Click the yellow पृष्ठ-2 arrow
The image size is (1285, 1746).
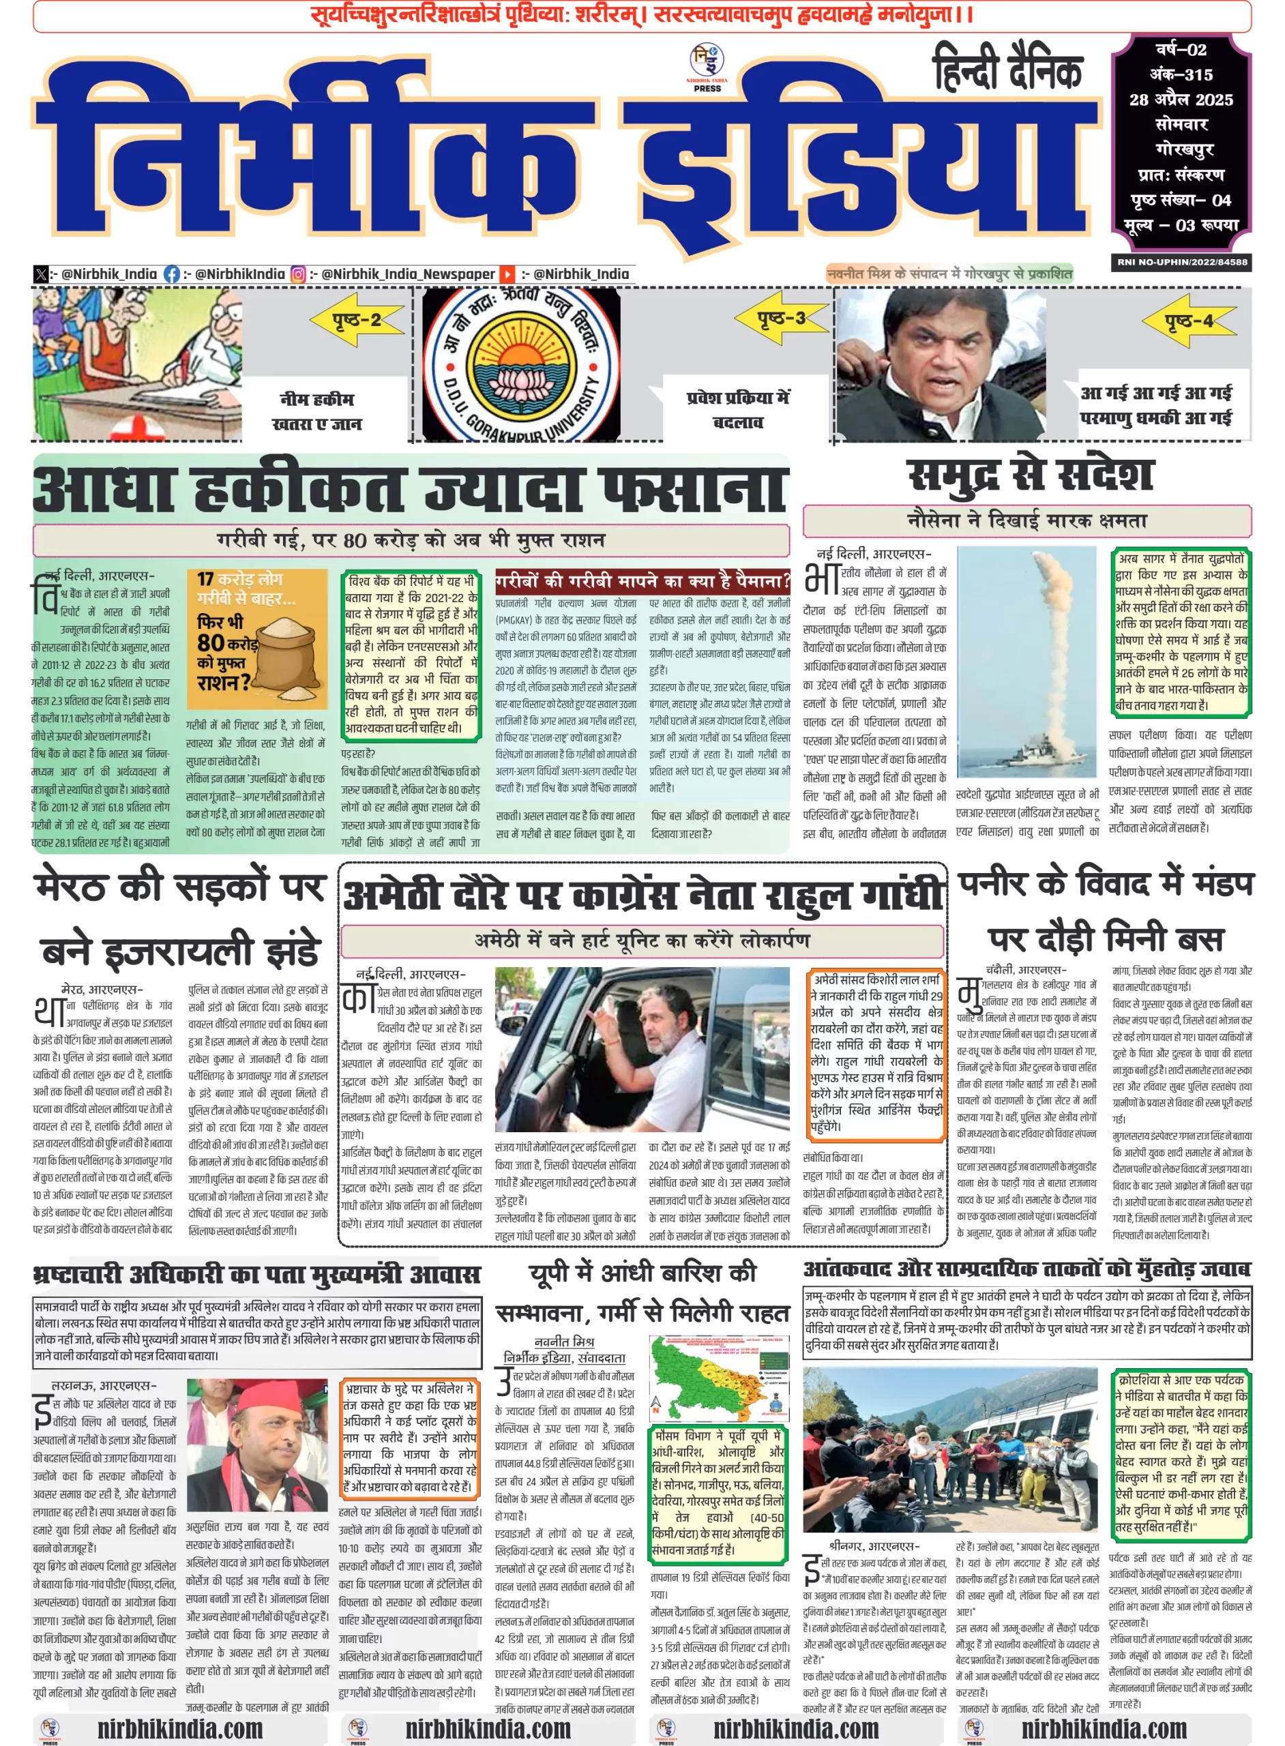(x=357, y=320)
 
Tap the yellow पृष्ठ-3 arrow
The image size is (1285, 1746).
(x=780, y=318)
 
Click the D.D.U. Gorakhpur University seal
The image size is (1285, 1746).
(x=520, y=364)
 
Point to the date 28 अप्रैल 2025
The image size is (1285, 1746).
(x=1181, y=100)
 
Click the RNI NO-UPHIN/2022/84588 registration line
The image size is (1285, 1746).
(x=1181, y=262)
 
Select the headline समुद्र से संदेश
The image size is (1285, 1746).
(x=1029, y=475)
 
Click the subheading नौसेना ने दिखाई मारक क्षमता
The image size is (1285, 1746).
(x=1026, y=520)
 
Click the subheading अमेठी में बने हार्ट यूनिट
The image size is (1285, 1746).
(x=642, y=941)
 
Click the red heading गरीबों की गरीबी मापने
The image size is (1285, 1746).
(x=642, y=580)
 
